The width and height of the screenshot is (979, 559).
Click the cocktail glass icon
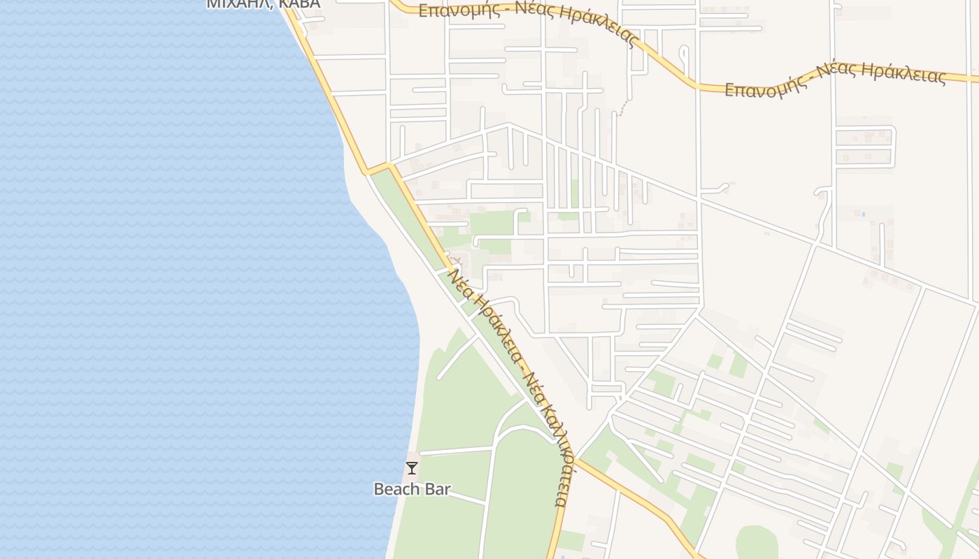pyautogui.click(x=412, y=468)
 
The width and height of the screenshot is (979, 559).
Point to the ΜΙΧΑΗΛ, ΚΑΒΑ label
pyautogui.click(x=263, y=4)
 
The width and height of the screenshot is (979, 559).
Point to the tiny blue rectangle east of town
pyautogui.click(x=863, y=213)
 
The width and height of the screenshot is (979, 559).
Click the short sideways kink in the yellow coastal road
pyautogui.click(x=378, y=168)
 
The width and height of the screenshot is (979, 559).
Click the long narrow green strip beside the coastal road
pyautogui.click(x=413, y=217)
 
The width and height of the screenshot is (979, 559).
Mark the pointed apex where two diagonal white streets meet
pyautogui.click(x=508, y=124)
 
